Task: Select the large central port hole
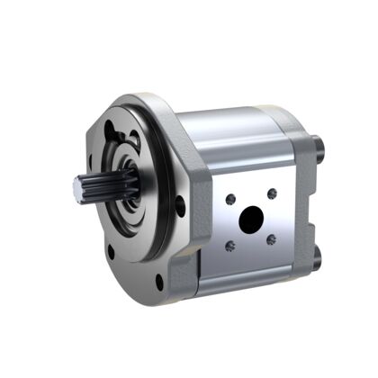(252, 219)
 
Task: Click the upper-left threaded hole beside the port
(232, 199)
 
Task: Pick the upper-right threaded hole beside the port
(272, 193)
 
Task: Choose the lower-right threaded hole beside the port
(273, 238)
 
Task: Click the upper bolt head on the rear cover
(316, 143)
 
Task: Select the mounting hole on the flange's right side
(180, 206)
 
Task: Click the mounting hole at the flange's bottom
(160, 282)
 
